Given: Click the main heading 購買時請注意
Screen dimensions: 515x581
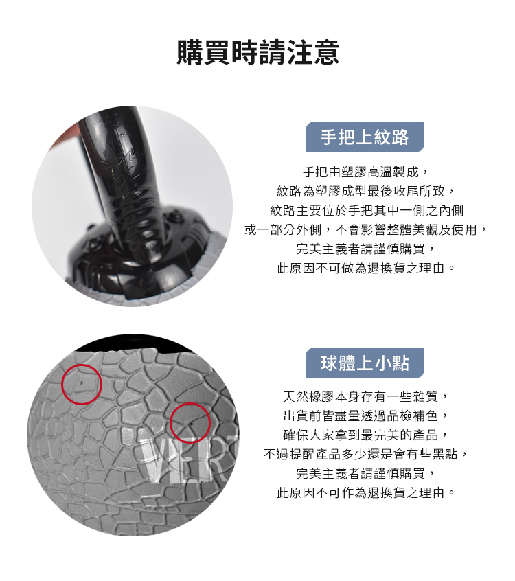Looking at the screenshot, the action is (258, 52).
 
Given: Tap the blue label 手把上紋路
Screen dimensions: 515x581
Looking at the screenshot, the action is (365, 137).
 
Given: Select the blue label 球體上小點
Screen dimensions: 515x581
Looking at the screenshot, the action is (365, 363).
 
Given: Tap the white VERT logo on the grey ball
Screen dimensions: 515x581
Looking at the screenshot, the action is (189, 459).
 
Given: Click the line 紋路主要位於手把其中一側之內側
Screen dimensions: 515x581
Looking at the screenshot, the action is (367, 210).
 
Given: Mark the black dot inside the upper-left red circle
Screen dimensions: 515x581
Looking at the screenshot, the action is (82, 380).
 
